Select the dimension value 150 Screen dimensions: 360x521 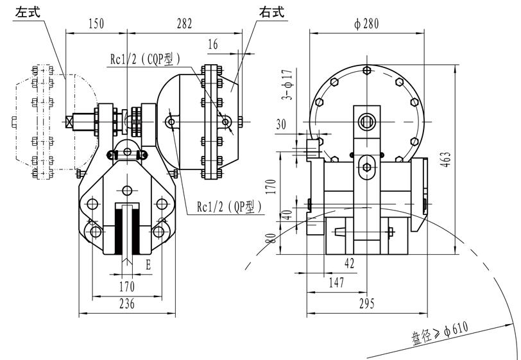pyautogui.click(x=96, y=24)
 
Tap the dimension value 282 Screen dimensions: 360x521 pyautogui.click(x=184, y=24)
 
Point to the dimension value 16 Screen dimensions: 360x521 pyautogui.click(x=213, y=44)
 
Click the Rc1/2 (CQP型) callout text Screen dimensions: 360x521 pyautogui.click(x=144, y=58)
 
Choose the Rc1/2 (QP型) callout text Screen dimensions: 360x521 pyautogui.click(x=224, y=207)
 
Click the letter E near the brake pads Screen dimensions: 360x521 pyautogui.click(x=148, y=264)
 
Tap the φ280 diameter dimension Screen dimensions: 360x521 pyautogui.click(x=366, y=24)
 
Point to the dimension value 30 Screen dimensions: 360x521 pyautogui.click(x=281, y=126)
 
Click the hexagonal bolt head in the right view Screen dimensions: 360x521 pyautogui.click(x=366, y=167)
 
